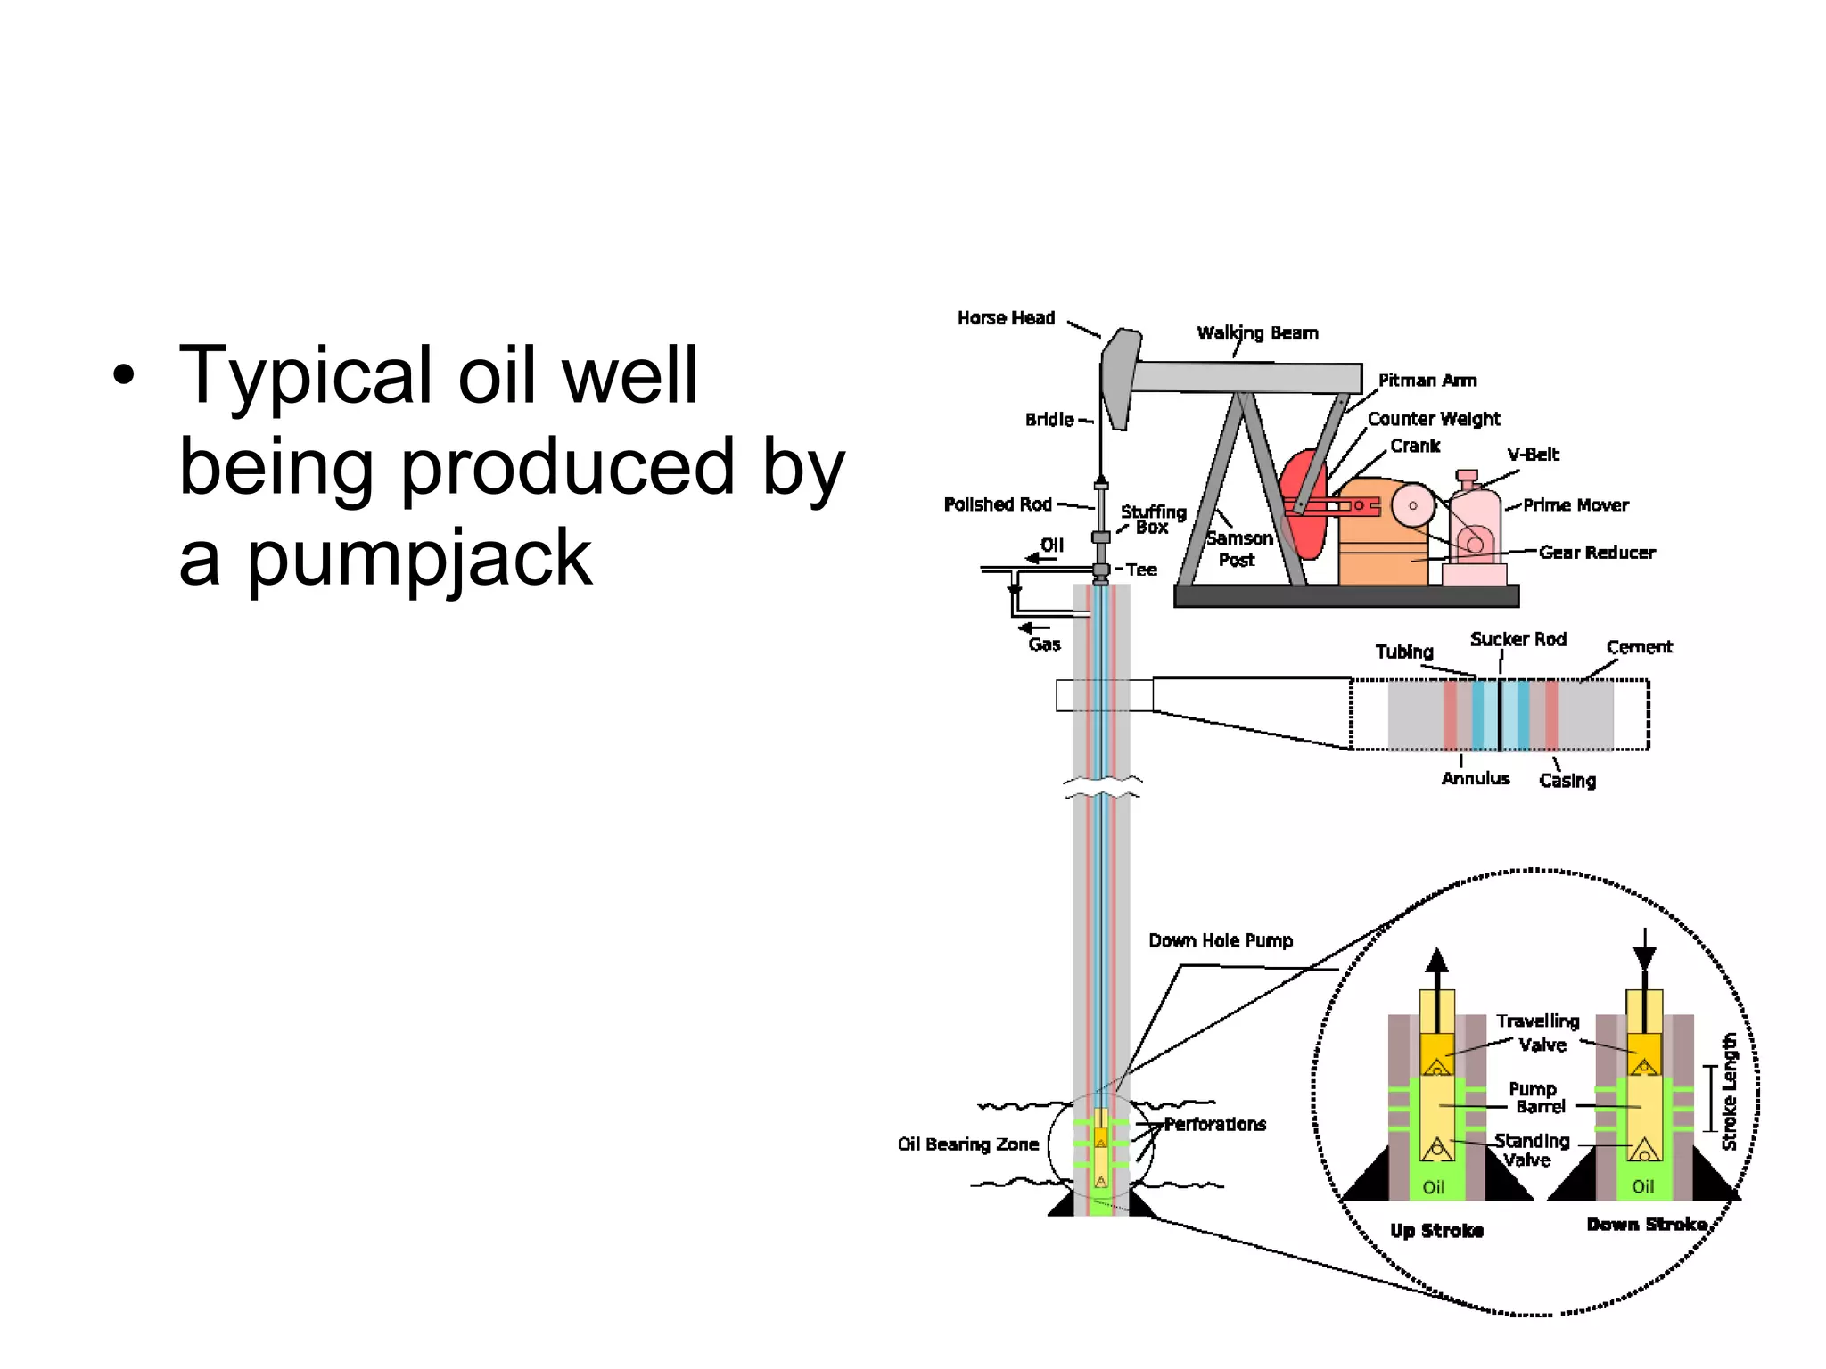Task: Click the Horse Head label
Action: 1006,318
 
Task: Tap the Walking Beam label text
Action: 1257,333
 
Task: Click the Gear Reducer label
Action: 1597,553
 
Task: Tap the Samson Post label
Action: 1238,549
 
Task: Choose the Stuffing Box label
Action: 1153,519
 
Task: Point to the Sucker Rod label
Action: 1518,639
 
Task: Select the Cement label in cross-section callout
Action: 1639,647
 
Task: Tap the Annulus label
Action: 1476,778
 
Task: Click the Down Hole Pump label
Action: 1220,940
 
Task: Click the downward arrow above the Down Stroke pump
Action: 1644,954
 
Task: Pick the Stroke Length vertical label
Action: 1729,1092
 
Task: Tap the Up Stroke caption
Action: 1436,1231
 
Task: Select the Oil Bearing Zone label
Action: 968,1144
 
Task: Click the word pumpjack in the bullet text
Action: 419,559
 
